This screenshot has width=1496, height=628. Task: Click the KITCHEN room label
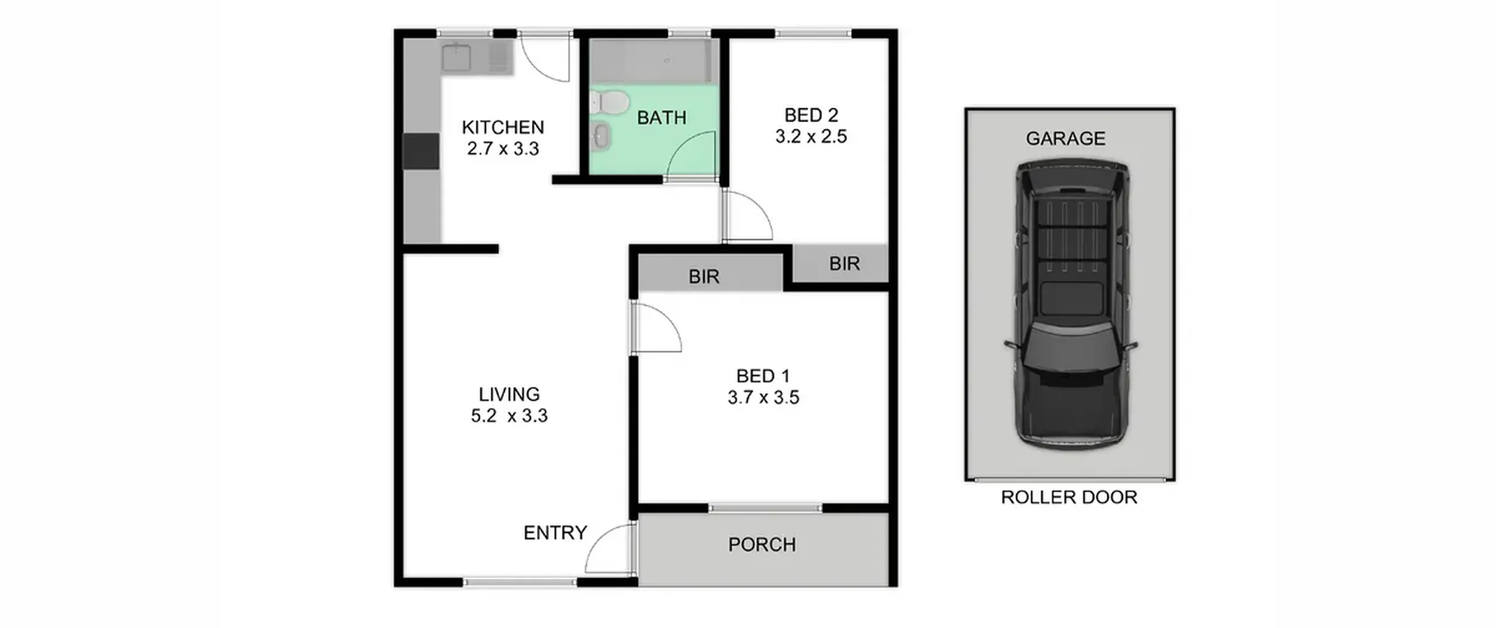coord(503,127)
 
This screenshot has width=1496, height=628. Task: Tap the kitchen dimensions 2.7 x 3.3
coord(503,149)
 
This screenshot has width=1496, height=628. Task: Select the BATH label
coord(662,118)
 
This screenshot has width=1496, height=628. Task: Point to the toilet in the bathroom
coord(609,104)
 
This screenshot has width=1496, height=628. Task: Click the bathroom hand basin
coord(601,137)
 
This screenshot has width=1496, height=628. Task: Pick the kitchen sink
coord(456,57)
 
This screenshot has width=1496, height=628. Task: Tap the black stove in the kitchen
coord(421,151)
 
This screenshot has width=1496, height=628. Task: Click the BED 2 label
coord(811,115)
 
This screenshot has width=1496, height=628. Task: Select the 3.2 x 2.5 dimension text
coord(811,137)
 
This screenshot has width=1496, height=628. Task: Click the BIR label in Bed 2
coord(844,264)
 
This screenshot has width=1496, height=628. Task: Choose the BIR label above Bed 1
coord(704,277)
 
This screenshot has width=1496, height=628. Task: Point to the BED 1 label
coord(763,376)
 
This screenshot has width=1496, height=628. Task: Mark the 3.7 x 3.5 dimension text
coord(763,398)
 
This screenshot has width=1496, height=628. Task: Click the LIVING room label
coord(509,394)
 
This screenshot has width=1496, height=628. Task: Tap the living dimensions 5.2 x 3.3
coord(509,416)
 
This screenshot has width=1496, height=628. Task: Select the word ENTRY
coord(555,533)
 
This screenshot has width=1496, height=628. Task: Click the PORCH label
coord(762,545)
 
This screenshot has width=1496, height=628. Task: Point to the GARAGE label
coord(1066,138)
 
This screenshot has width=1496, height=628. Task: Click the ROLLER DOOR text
coord(1069,498)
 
